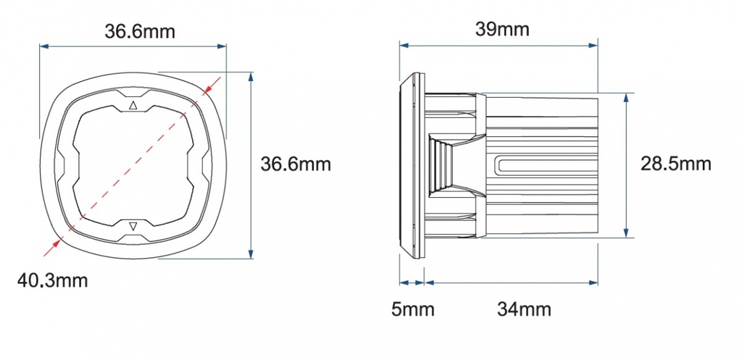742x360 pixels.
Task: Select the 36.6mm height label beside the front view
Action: (x=296, y=164)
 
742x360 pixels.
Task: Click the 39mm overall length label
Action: (x=502, y=29)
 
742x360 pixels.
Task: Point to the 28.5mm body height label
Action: (x=675, y=164)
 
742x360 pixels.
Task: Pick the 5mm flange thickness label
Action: (x=413, y=310)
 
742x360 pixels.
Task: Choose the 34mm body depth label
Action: (x=524, y=310)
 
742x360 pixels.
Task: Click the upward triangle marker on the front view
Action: (x=133, y=105)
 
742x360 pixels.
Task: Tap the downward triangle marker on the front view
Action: (x=133, y=227)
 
